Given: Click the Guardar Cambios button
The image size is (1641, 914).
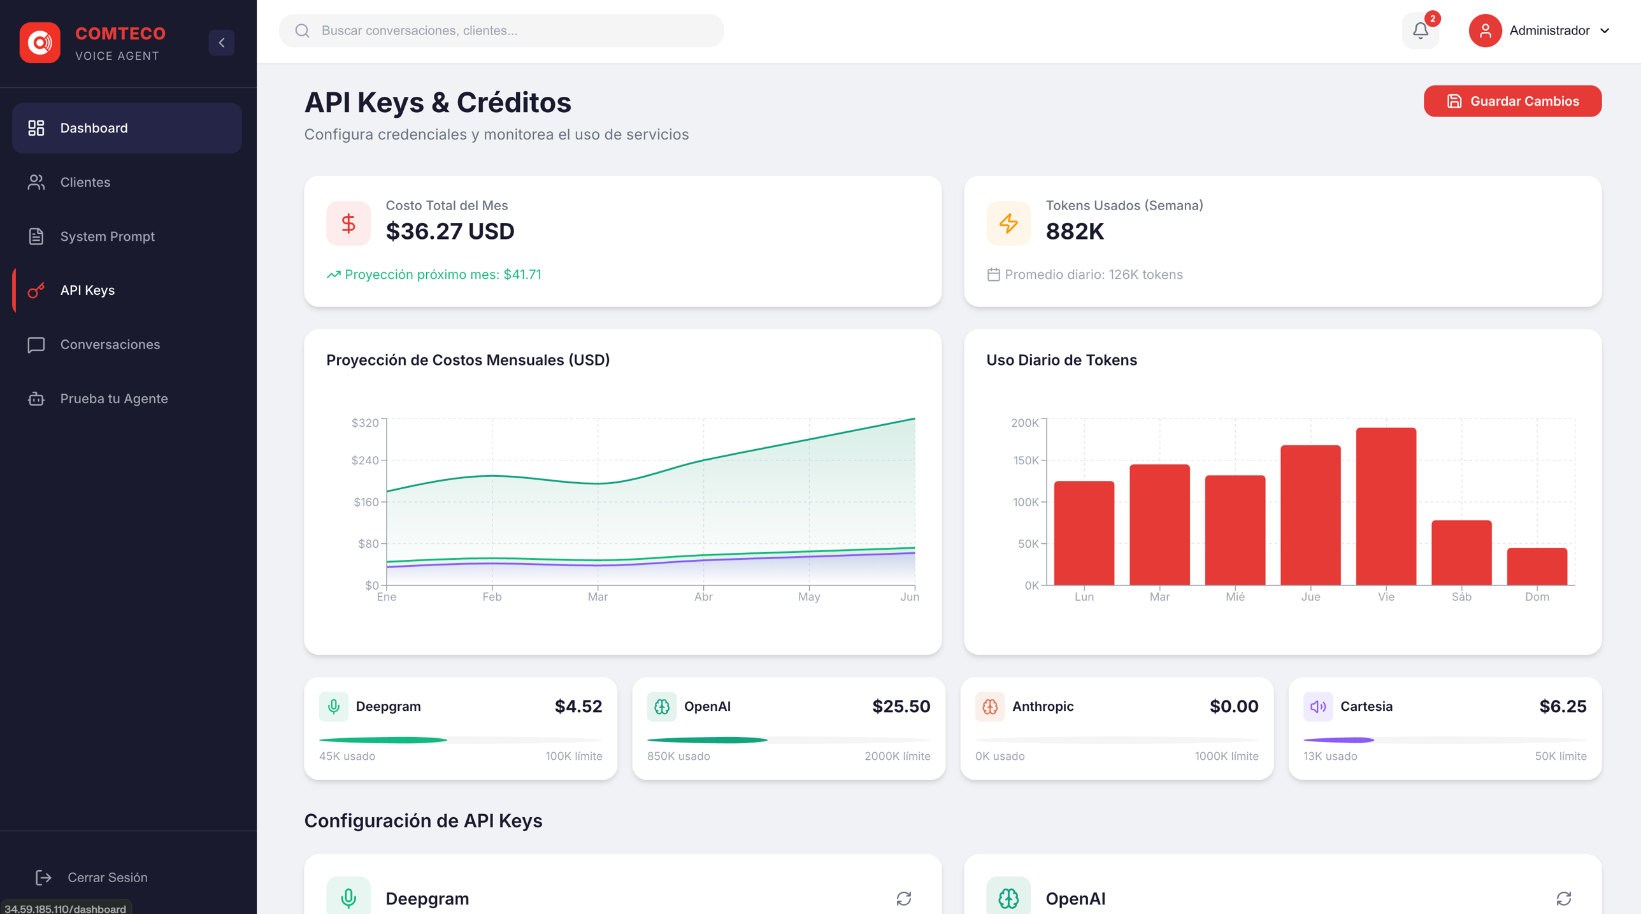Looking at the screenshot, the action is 1512,101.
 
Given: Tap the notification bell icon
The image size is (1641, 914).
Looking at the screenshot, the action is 1421,31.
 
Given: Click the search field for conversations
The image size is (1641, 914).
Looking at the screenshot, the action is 501,31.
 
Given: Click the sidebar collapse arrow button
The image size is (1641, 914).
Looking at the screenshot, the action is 222,43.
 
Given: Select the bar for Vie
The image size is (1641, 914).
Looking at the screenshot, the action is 1386,506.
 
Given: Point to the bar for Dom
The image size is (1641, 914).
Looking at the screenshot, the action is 1537,566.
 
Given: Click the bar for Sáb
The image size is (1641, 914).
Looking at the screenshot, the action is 1461,552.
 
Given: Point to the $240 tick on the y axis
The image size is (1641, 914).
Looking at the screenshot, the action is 365,461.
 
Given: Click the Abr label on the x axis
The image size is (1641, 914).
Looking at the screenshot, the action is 703,597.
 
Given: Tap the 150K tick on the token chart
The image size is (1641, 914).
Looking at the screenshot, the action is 1026,461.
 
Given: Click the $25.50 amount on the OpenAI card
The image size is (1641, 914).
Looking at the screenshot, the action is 901,706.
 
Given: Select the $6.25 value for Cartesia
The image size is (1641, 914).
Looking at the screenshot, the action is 1563,706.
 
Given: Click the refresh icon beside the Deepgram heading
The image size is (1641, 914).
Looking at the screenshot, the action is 904,899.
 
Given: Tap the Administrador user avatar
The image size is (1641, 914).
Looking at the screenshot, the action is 1485,31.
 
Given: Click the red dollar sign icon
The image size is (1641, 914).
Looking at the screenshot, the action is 348,224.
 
